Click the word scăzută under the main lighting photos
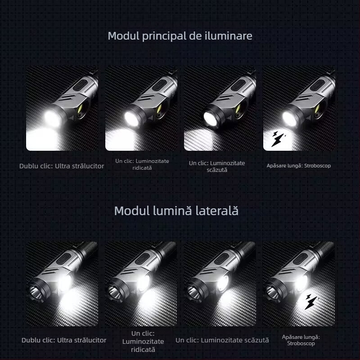(x=217, y=170)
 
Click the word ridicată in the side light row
(x=143, y=349)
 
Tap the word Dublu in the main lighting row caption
(x=28, y=166)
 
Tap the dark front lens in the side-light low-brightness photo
(x=195, y=290)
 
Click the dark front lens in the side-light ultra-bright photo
(x=36, y=290)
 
